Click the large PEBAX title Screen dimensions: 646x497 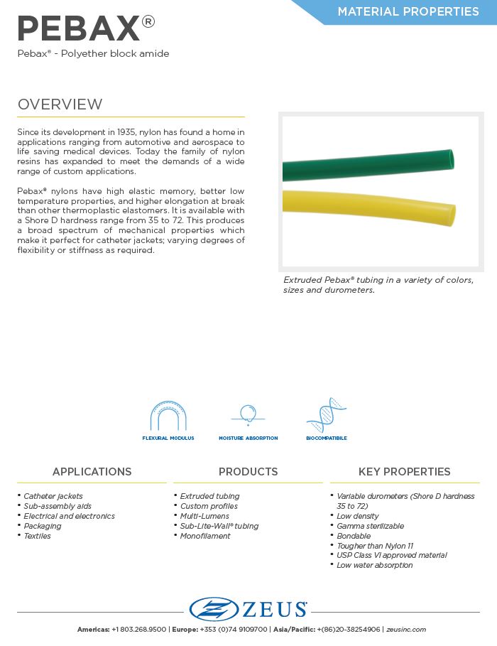point(78,28)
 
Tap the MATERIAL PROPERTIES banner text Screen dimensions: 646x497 point(408,11)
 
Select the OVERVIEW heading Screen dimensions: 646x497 point(60,104)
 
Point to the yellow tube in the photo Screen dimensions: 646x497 point(369,206)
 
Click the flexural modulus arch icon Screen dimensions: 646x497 point(168,416)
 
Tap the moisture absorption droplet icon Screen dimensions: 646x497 point(248,414)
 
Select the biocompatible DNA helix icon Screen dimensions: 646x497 point(326,416)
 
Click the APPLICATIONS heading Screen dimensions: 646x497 point(92,472)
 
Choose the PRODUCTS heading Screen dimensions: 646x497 point(248,472)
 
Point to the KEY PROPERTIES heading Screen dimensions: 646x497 point(404,472)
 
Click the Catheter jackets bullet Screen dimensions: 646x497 point(53,496)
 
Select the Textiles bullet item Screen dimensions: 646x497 point(37,536)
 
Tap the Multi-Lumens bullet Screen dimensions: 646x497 point(204,516)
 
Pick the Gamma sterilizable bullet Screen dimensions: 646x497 point(370,526)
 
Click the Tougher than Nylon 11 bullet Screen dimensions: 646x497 point(375,546)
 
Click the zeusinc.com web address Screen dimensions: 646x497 point(406,630)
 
